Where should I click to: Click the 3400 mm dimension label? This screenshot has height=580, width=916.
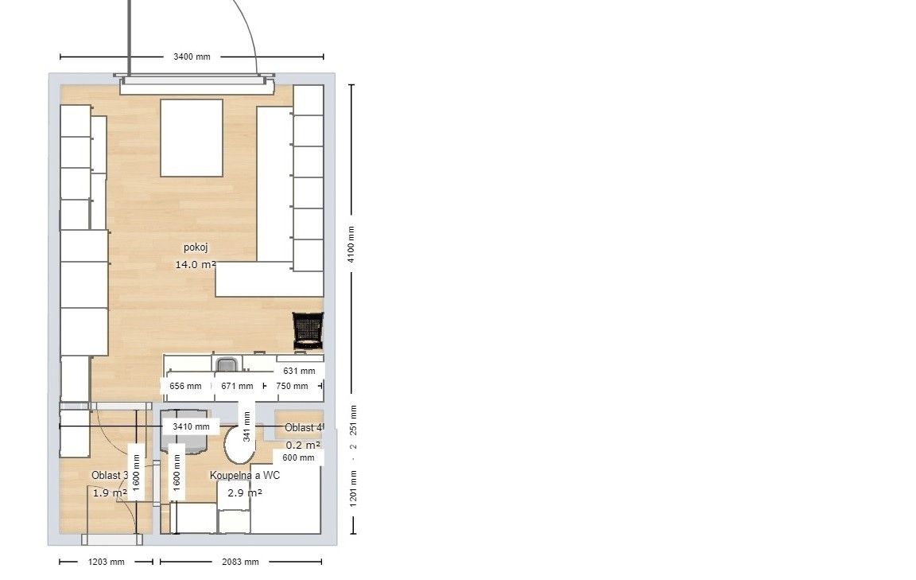pyautogui.click(x=192, y=56)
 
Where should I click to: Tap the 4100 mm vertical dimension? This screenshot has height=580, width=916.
pyautogui.click(x=351, y=243)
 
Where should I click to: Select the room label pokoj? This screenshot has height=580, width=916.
pyautogui.click(x=196, y=247)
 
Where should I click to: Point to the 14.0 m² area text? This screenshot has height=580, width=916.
pyautogui.click(x=196, y=265)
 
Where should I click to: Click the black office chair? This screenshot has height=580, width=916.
pyautogui.click(x=308, y=330)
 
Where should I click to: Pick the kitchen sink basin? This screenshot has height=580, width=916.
pyautogui.click(x=227, y=365)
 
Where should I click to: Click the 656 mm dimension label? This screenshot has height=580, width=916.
pyautogui.click(x=185, y=387)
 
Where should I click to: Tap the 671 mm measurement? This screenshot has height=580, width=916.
pyautogui.click(x=237, y=387)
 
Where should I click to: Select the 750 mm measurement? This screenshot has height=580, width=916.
pyautogui.click(x=292, y=387)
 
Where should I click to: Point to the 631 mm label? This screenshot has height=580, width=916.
pyautogui.click(x=299, y=372)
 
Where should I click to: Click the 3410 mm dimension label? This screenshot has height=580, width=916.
pyautogui.click(x=191, y=426)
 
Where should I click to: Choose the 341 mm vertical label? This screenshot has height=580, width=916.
pyautogui.click(x=246, y=426)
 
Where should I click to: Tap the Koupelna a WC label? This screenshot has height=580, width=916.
pyautogui.click(x=245, y=475)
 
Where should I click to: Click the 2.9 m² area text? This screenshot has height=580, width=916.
pyautogui.click(x=245, y=493)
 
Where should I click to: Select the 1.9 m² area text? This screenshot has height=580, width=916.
pyautogui.click(x=110, y=493)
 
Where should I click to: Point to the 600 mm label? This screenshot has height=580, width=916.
pyautogui.click(x=298, y=457)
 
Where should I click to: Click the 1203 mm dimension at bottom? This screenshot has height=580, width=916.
pyautogui.click(x=107, y=562)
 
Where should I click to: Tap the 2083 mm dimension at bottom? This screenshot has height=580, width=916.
pyautogui.click(x=240, y=562)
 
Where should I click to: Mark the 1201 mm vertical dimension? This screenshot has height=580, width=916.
pyautogui.click(x=353, y=489)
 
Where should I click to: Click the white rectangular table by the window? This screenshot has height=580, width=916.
pyautogui.click(x=192, y=138)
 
